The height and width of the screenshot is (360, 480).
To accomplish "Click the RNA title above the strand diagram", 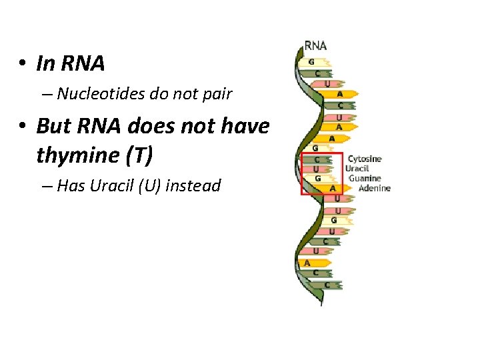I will coord(315,46).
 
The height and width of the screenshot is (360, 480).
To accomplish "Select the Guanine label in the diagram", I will coord(365,178).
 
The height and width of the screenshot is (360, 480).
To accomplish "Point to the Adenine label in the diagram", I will coord(374,188).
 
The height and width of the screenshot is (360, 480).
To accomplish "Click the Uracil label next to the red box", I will coord(357,169).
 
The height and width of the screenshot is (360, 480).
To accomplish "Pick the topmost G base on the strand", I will coord(311,61).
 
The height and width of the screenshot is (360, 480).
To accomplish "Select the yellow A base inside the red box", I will coord(331,189).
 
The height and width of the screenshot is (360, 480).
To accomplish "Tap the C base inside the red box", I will coord(317,160).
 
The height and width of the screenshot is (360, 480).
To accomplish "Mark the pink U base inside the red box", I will coord(317,169).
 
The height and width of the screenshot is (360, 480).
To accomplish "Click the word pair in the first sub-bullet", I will coord(218,94).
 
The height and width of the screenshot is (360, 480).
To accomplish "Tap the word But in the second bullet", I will coord(52,125).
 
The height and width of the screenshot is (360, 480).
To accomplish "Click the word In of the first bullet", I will coord(45,64).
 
